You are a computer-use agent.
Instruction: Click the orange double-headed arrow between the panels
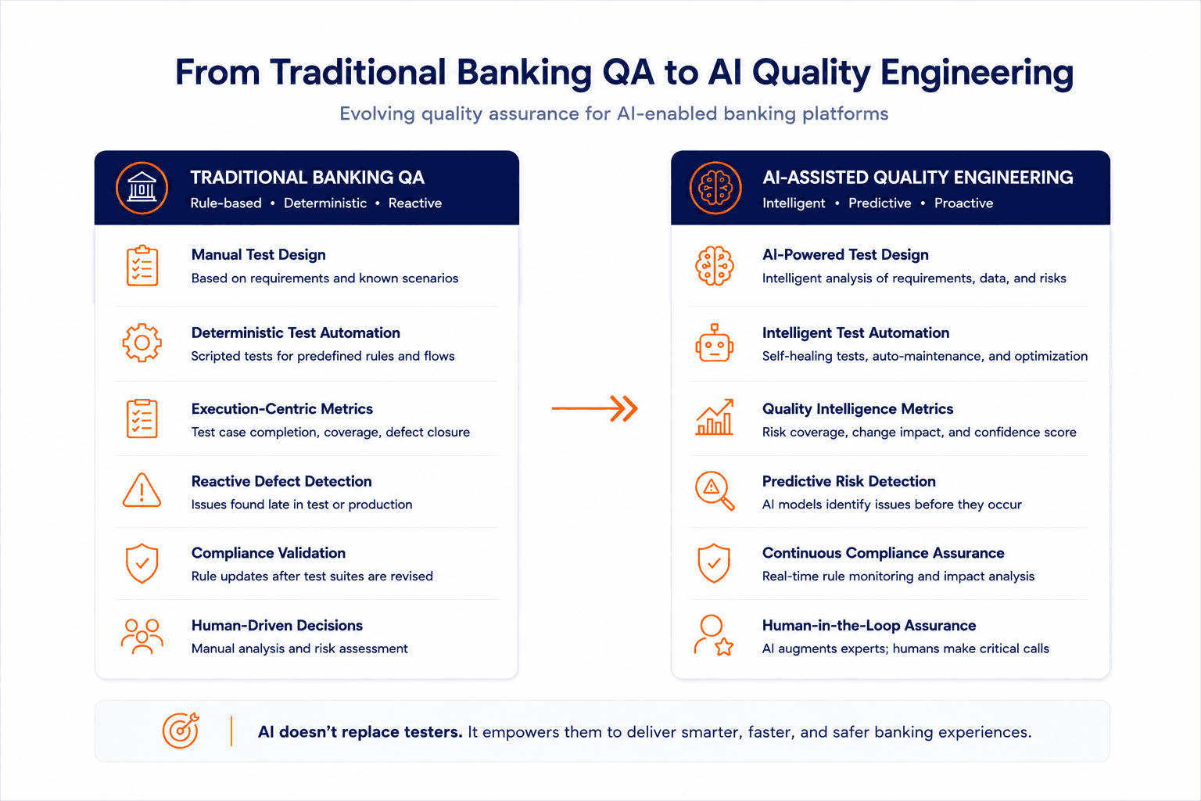click(x=594, y=409)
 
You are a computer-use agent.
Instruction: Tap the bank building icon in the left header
click(x=142, y=188)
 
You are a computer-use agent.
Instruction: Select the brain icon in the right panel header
click(x=715, y=188)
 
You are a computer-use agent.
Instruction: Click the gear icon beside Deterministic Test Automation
click(x=142, y=343)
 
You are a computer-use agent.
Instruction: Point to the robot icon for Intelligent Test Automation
click(x=714, y=343)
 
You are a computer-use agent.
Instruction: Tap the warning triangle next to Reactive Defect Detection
click(x=142, y=490)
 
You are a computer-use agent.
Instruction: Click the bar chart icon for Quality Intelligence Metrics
click(x=714, y=417)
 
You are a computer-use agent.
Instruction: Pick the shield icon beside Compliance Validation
click(x=142, y=563)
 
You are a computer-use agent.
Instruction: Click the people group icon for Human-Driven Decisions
click(x=142, y=636)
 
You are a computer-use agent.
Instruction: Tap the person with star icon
click(x=714, y=636)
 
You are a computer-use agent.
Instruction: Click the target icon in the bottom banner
click(x=181, y=730)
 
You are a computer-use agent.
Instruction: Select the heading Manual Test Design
click(x=259, y=255)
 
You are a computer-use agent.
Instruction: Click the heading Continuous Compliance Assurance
click(x=883, y=553)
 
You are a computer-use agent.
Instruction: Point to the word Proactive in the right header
click(x=963, y=203)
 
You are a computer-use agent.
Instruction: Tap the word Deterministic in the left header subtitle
click(x=325, y=203)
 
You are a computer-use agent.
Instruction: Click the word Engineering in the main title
click(x=977, y=73)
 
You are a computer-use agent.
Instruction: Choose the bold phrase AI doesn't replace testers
click(x=360, y=732)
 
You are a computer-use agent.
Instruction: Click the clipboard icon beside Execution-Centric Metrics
click(x=142, y=418)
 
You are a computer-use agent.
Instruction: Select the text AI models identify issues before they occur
click(x=892, y=505)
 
